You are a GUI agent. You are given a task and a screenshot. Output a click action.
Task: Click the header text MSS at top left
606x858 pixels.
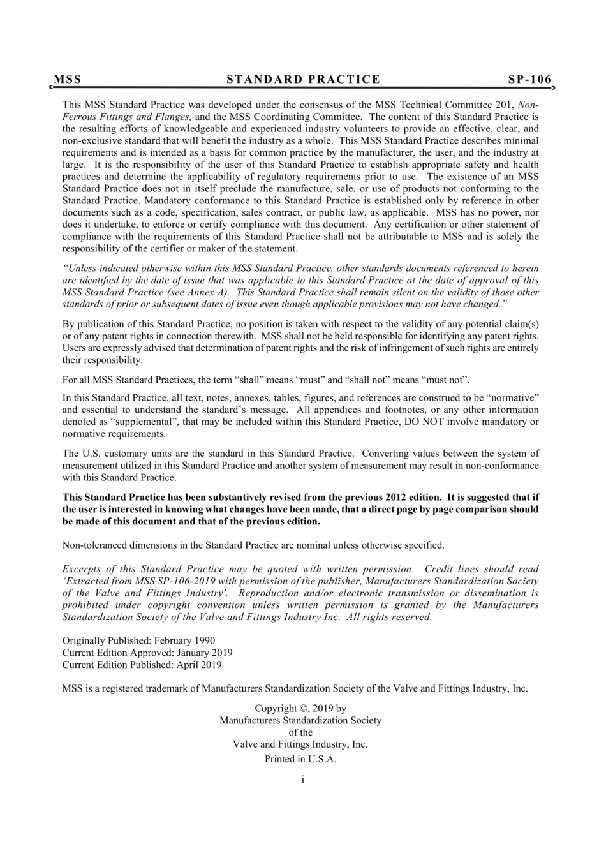click(x=68, y=80)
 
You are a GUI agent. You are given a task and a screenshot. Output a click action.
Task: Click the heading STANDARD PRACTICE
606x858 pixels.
click(x=303, y=80)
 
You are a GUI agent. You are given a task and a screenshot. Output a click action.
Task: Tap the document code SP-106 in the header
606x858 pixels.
click(x=529, y=80)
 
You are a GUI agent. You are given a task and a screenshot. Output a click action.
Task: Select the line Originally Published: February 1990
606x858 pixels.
click(x=138, y=640)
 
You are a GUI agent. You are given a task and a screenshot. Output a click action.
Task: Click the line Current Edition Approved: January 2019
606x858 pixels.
click(x=147, y=653)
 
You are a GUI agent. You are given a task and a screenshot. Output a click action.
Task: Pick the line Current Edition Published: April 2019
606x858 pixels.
click(x=142, y=665)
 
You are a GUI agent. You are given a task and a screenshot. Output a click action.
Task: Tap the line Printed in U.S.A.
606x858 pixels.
click(x=300, y=759)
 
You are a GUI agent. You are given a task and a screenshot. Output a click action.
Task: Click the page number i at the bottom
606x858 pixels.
click(x=302, y=780)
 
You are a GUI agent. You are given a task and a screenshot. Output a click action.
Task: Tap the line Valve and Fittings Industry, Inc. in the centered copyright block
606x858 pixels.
click(x=300, y=744)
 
